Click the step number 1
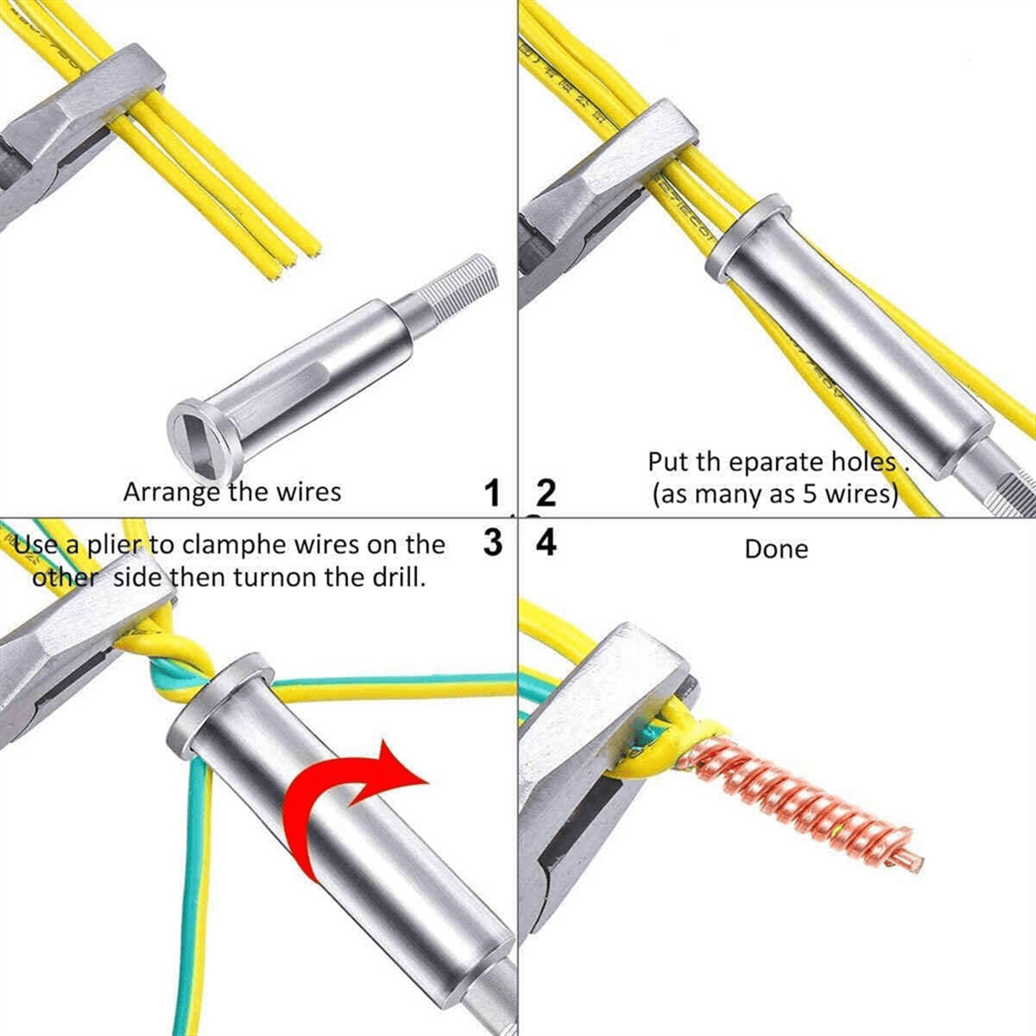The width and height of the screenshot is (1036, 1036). (x=493, y=495)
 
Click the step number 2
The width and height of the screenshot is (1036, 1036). (x=546, y=495)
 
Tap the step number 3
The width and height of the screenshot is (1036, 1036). (x=493, y=544)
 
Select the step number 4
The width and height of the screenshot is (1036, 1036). (x=546, y=544)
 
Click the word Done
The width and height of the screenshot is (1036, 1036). (x=776, y=549)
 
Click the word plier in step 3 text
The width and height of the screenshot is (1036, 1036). (x=113, y=545)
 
